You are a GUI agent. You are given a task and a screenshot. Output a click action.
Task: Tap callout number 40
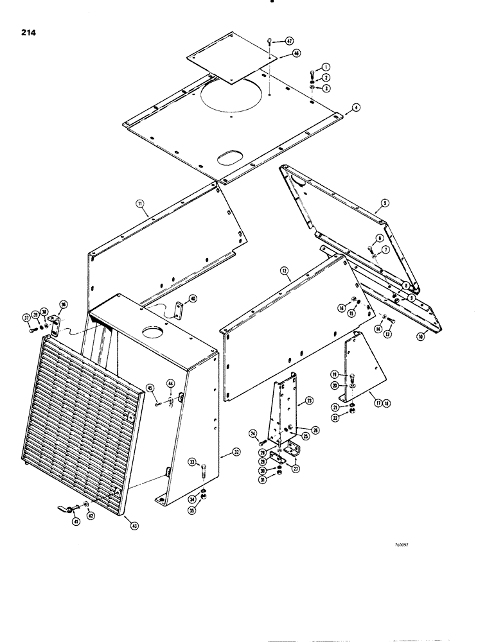click(193, 297)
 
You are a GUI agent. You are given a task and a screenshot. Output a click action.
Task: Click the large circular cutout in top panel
click(233, 98)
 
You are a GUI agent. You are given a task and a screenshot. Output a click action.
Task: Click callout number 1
click(326, 67)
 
